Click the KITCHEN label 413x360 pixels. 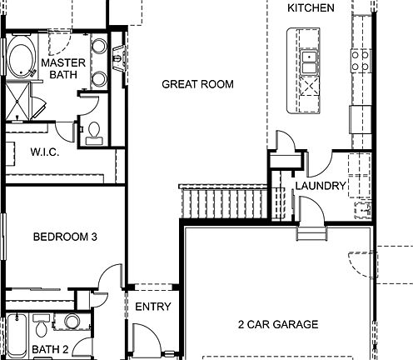click(311, 8)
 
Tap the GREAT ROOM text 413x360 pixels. click(197, 84)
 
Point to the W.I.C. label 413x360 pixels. click(43, 152)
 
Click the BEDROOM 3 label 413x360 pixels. click(65, 237)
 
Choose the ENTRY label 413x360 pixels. click(153, 307)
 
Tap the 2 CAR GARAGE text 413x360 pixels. click(277, 325)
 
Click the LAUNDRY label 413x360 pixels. click(320, 187)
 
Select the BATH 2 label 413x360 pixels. click(51, 349)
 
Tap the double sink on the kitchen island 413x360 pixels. click(309, 61)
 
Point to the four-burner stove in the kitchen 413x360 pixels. click(361, 60)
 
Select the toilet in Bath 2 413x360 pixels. click(72, 322)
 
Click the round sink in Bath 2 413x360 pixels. click(41, 322)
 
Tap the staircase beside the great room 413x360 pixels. click(225, 201)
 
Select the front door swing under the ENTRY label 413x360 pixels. click(145, 340)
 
